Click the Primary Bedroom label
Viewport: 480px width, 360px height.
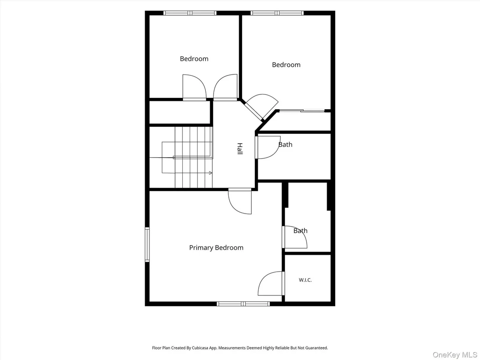(216, 248)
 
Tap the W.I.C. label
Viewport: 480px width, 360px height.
(305, 280)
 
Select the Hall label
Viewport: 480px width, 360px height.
(240, 149)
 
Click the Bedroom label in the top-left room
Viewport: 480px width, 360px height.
(194, 59)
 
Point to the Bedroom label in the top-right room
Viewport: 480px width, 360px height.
(286, 65)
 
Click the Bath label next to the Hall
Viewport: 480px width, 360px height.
(285, 145)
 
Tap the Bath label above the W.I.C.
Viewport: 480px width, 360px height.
(300, 231)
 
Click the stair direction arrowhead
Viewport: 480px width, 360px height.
(211, 173)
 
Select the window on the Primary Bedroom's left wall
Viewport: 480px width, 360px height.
(147, 245)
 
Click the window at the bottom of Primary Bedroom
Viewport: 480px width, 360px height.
(243, 304)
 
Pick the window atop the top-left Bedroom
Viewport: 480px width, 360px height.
(190, 13)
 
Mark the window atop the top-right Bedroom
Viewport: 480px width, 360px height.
(277, 13)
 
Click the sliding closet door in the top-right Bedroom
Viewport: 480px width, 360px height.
(302, 110)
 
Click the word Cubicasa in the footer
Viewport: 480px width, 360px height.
(200, 348)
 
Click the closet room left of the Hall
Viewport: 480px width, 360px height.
(180, 112)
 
